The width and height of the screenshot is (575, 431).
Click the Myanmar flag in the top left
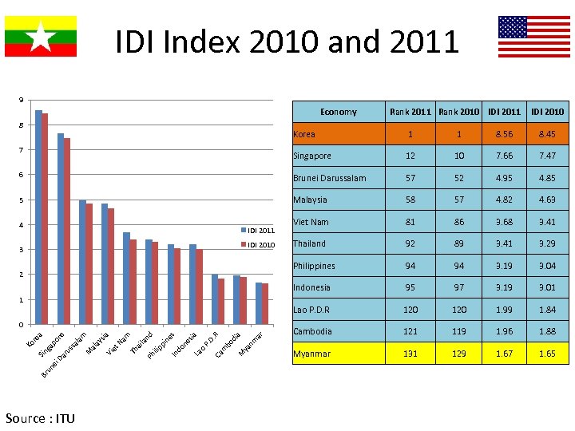(41, 36)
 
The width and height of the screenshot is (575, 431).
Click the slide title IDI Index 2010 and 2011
(287, 42)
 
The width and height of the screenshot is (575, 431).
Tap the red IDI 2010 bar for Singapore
(67, 231)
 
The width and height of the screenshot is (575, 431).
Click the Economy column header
(338, 112)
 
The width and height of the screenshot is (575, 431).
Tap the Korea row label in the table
(304, 134)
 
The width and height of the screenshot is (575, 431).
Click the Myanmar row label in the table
(312, 354)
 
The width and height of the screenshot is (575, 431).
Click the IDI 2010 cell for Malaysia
(547, 200)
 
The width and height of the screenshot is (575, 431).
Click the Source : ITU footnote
(39, 418)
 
